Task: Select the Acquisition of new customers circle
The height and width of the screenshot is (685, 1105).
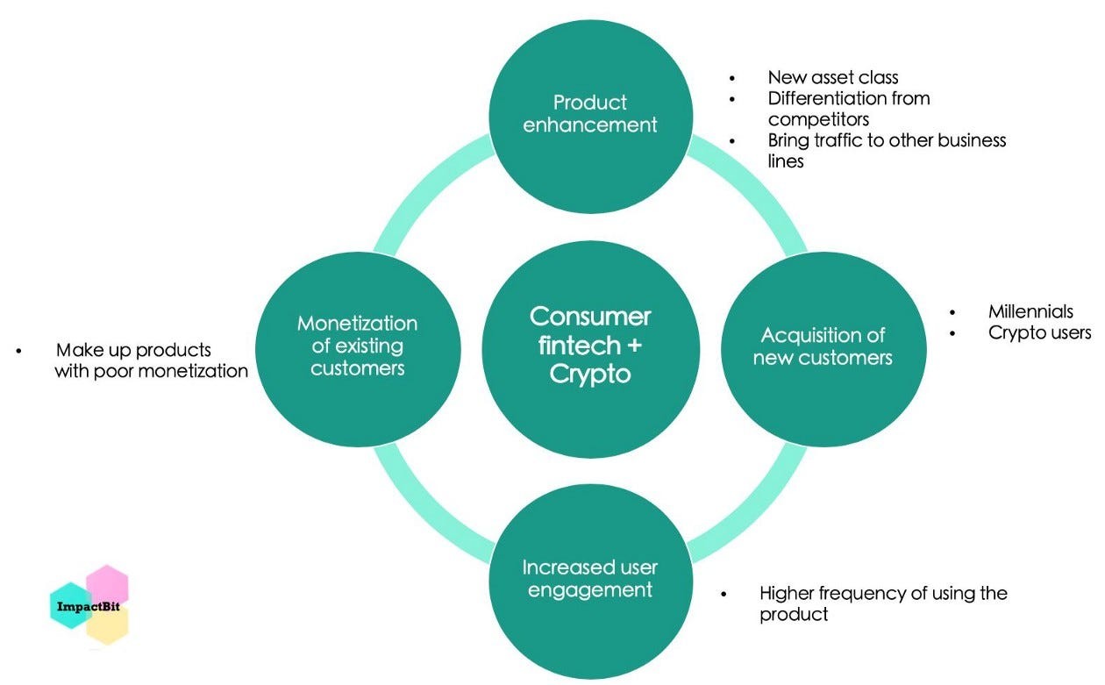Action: tap(823, 346)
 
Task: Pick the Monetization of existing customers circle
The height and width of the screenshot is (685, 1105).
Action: tap(358, 346)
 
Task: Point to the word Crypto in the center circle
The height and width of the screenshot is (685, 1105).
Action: tap(590, 374)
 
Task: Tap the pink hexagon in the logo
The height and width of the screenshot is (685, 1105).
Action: tap(108, 582)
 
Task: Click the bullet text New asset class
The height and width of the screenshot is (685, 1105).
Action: tap(832, 77)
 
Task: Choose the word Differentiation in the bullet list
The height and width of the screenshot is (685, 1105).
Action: tap(823, 98)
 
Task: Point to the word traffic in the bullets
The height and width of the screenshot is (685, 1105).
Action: tap(838, 140)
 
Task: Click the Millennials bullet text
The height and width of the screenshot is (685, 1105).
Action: tap(1030, 311)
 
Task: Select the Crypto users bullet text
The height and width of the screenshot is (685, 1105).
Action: tap(1039, 332)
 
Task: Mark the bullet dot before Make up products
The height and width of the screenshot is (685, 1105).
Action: tap(18, 351)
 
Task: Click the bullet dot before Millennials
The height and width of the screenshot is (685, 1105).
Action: tap(952, 312)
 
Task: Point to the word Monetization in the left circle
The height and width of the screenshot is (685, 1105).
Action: tap(358, 323)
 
